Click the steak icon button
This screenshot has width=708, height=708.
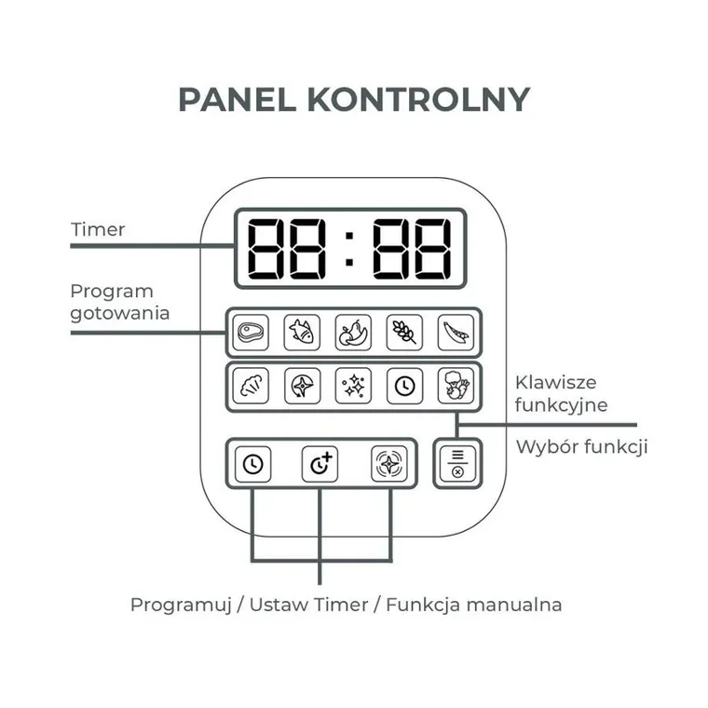click(251, 333)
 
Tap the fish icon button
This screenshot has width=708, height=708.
click(302, 333)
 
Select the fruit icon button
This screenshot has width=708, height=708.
click(353, 333)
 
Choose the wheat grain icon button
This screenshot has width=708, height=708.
click(404, 333)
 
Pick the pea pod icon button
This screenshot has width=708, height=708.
click(456, 333)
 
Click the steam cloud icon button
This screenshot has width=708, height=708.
click(251, 386)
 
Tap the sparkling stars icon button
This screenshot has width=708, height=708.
click(354, 386)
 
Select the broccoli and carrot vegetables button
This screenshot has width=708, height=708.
click(456, 386)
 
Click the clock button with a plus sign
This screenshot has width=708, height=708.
click(320, 464)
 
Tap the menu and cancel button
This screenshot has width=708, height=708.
click(457, 464)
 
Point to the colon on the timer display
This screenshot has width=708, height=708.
click(349, 249)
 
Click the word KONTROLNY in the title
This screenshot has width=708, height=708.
click(418, 100)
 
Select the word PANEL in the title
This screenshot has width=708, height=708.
click(237, 100)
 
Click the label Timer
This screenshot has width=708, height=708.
click(98, 229)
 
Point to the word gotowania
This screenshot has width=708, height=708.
click(120, 314)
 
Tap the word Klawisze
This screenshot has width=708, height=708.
click(556, 383)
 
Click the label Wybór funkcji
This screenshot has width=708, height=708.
click(582, 447)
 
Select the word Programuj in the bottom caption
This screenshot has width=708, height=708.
click(181, 605)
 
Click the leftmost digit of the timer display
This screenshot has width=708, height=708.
click(265, 249)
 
